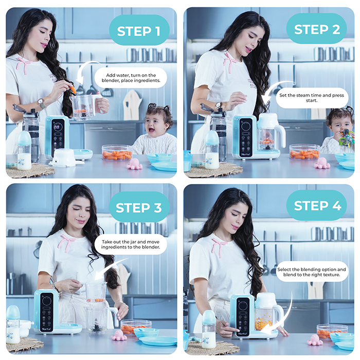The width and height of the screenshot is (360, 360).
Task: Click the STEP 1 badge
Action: (138, 31)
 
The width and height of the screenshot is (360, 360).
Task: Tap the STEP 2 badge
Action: (317, 29)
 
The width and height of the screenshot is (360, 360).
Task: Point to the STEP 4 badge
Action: (317, 207)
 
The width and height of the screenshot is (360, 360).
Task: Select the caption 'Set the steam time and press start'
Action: (312, 98)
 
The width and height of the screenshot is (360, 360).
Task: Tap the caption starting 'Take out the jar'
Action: (130, 244)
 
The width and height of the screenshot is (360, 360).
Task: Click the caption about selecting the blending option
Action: (312, 273)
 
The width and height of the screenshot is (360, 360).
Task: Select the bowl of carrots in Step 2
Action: (304, 151)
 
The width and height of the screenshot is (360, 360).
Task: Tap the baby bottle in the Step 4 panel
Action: (208, 329)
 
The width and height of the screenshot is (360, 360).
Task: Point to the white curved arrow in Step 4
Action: (285, 314)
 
